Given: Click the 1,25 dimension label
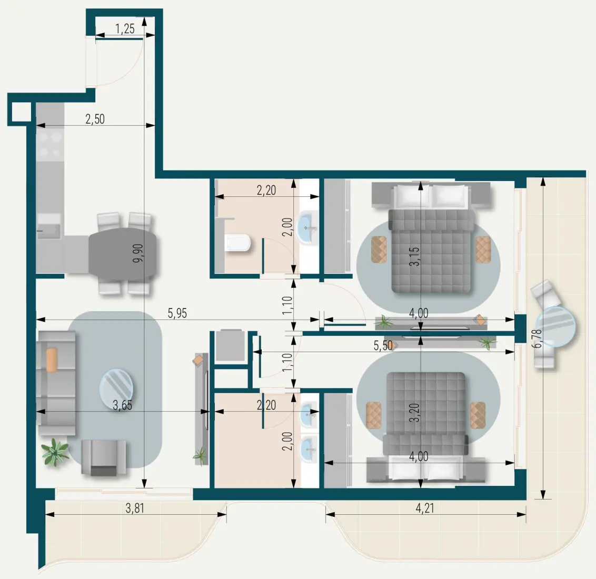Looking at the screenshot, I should (125, 29).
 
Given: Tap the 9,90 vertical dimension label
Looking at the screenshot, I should (138, 253).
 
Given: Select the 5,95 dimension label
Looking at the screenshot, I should (177, 314).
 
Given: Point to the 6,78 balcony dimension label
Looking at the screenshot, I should (537, 338).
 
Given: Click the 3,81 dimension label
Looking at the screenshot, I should (135, 508).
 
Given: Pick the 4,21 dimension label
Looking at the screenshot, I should (425, 508).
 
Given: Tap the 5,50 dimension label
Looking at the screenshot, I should (383, 345).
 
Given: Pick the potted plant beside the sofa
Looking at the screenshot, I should (55, 452).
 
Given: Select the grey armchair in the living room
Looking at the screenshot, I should (104, 457).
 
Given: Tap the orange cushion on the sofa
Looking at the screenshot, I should (52, 360).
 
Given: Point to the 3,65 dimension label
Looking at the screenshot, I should (122, 405).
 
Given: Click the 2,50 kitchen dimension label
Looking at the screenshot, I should (95, 119).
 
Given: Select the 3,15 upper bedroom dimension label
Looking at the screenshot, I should (416, 256).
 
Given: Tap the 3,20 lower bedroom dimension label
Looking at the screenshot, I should (416, 413).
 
